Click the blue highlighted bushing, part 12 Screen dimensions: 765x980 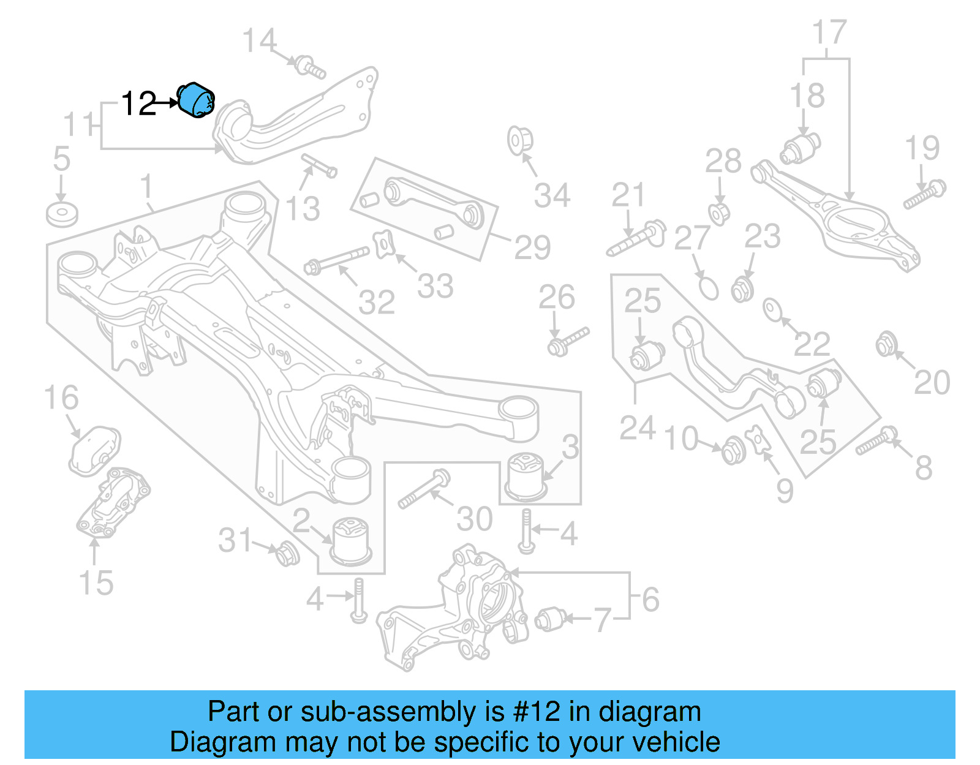[x=196, y=100]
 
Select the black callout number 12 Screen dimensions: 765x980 [x=138, y=104]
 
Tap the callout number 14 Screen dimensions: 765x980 [x=259, y=41]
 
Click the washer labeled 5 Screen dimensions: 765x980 [x=62, y=214]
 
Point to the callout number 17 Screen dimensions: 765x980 [x=829, y=32]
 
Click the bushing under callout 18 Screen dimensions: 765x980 [x=800, y=148]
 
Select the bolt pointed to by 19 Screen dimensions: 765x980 [x=925, y=194]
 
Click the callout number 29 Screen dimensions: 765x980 [x=532, y=247]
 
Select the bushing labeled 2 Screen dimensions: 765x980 [x=351, y=539]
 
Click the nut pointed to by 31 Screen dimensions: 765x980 [x=287, y=554]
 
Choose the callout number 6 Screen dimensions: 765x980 [x=650, y=599]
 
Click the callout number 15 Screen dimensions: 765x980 [x=96, y=583]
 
